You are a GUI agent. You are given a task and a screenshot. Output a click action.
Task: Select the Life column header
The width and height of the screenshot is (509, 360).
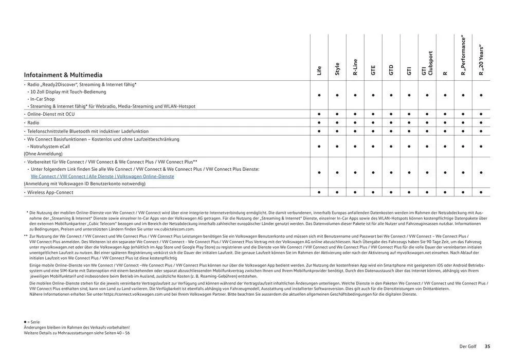pos(319,70)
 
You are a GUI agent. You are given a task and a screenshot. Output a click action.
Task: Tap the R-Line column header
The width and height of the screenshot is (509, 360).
pos(355,67)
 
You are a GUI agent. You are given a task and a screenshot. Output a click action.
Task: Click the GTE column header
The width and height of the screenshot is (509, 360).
pos(373,70)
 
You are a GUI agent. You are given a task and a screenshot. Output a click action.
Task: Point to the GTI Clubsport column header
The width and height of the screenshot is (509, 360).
pos(427,63)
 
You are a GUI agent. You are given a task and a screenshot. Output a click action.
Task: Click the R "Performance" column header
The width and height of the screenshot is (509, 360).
pos(463,56)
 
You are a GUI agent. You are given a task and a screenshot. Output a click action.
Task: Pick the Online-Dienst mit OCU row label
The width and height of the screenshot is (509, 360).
pos(50,114)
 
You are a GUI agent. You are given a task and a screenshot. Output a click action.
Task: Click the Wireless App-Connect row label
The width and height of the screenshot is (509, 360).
pos(50,192)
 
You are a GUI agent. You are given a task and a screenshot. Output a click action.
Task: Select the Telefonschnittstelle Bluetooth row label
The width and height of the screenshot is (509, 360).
pos(87,131)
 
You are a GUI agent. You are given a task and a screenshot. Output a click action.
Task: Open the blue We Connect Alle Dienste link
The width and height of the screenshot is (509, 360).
pos(102,176)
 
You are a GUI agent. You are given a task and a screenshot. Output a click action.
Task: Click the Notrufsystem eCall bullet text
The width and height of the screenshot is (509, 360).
pos(50,147)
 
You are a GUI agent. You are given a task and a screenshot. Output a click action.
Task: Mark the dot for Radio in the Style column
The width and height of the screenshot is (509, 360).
pos(337,123)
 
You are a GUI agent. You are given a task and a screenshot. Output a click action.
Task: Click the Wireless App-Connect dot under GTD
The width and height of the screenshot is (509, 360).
pos(391,192)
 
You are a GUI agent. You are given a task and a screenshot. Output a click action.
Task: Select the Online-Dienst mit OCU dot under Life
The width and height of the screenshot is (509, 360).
pos(319,114)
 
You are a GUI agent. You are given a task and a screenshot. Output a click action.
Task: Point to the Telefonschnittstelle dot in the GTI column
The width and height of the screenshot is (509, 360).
pos(409,131)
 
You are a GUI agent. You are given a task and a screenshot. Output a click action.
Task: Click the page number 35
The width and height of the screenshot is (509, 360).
pos(487,347)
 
